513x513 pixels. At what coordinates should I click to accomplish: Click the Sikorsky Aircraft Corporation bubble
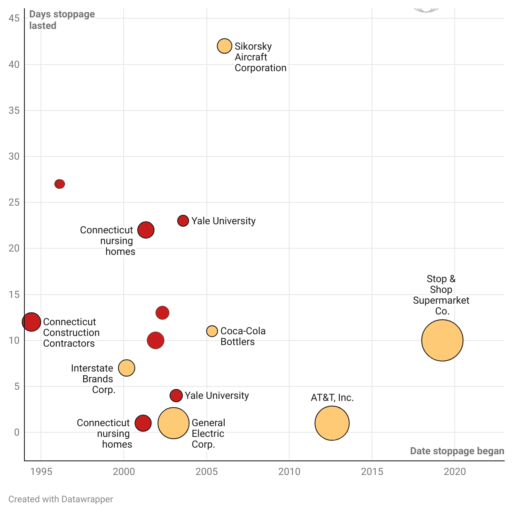point(224,46)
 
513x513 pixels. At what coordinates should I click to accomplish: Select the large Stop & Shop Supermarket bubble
point(442,340)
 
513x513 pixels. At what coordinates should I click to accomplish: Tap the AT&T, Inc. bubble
point(332,423)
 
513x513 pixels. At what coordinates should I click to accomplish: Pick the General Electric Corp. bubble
point(173,423)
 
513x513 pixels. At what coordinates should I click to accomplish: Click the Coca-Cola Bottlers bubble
point(212,331)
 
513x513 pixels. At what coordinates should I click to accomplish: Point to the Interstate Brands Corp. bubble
point(127,368)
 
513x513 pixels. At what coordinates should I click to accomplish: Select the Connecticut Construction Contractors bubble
point(31,322)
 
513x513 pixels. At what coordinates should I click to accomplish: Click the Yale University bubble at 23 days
point(183,221)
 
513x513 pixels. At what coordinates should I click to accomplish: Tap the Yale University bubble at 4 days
point(176,396)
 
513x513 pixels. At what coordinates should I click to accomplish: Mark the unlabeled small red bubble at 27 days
point(60,184)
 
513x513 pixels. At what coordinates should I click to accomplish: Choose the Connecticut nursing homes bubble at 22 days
point(146,230)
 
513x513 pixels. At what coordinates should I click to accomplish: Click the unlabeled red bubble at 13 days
point(162,312)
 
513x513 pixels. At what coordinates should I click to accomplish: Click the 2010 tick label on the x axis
point(289,472)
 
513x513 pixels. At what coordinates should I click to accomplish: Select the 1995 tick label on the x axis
point(41,472)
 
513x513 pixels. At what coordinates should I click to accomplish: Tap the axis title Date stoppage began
point(457,451)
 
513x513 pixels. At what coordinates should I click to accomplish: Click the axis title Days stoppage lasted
point(62,20)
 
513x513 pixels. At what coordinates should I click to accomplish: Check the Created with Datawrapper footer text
point(60,499)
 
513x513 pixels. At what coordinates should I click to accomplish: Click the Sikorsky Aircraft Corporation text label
point(260,57)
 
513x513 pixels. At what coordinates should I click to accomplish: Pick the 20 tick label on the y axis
point(14,248)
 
